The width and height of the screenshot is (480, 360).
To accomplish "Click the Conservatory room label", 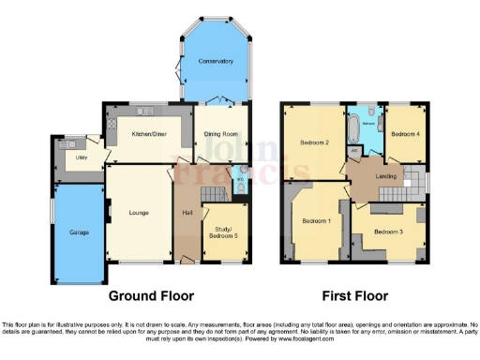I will coord(216,61).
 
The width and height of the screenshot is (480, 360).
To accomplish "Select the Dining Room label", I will coord(221,134).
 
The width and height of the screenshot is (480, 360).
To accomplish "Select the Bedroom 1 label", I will coord(316,221).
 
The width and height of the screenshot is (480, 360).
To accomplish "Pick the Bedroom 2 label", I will coord(313,142).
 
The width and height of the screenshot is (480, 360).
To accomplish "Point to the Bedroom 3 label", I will coord(388,232).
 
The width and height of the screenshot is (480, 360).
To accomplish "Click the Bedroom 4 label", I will coord(404,134).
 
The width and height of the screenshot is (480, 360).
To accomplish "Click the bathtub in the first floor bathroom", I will coord(353,124).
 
